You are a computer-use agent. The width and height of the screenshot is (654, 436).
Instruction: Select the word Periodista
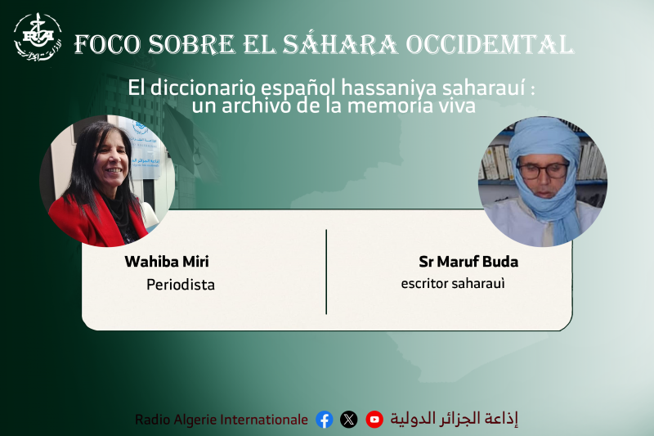(181, 285)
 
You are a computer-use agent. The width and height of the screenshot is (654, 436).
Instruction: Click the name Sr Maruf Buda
(468, 262)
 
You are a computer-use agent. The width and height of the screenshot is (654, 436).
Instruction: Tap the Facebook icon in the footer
(325, 420)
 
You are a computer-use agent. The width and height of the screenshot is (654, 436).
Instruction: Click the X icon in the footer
(349, 420)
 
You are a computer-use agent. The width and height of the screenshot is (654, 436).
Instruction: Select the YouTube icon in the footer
(374, 420)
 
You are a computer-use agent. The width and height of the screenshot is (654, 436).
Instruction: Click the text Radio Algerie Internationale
(222, 420)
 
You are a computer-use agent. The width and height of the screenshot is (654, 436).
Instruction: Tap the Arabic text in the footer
(455, 419)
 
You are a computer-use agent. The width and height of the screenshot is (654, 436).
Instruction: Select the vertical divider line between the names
(326, 272)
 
